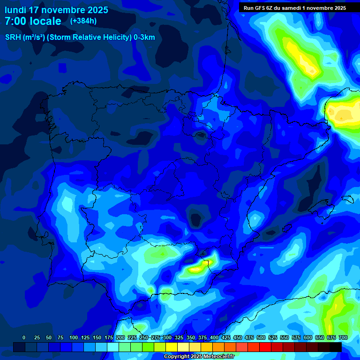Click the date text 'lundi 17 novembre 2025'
[x=56, y=10]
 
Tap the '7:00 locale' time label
[x=33, y=21]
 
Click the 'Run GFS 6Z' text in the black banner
[x=261, y=8]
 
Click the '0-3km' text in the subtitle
[x=144, y=37]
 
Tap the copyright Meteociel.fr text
[x=199, y=356]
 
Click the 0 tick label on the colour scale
[x=24, y=337]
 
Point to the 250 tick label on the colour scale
[x=143, y=337]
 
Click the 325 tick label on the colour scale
[x=179, y=337]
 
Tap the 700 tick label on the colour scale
[x=343, y=337]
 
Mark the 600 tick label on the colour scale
[x=307, y=337]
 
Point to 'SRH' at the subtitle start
[x=13, y=37]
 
